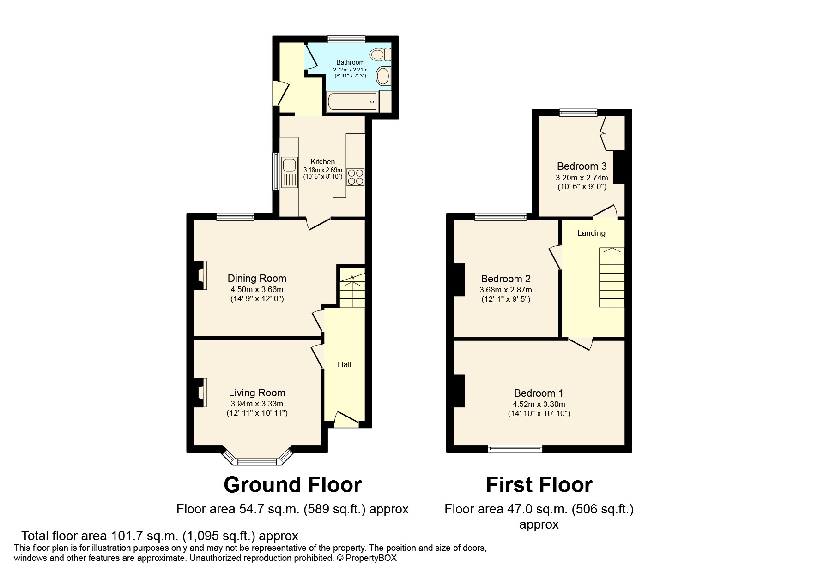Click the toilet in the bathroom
click(x=381, y=55)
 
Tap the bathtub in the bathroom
click(x=352, y=101)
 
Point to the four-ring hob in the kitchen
click(x=356, y=177)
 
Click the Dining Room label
click(x=257, y=278)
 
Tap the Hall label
click(x=345, y=364)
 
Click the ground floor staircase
click(x=352, y=291)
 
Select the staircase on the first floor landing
click(x=612, y=277)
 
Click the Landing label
click(x=591, y=233)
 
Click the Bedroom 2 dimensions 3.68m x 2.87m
click(x=506, y=290)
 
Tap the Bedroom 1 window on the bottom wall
click(x=515, y=447)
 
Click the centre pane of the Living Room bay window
click(x=257, y=461)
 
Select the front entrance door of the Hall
click(x=346, y=419)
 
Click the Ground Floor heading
click(x=292, y=485)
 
